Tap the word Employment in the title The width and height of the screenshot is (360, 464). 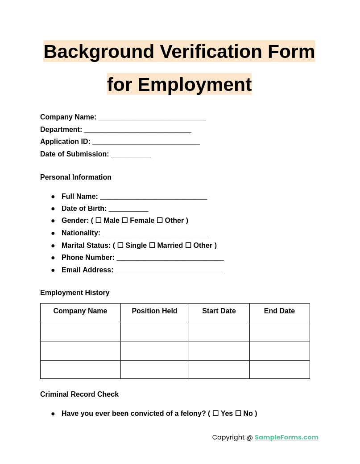click(194, 85)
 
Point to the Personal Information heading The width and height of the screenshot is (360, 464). click(76, 177)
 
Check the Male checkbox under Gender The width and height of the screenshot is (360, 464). click(99, 220)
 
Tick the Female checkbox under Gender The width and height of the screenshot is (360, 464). click(125, 220)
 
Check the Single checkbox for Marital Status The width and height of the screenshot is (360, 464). click(120, 245)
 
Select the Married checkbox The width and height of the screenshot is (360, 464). click(152, 245)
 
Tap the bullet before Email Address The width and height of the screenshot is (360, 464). click(53, 270)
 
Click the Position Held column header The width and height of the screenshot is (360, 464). click(154, 311)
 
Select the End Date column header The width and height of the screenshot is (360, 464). click(279, 311)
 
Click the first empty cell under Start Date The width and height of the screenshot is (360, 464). click(219, 332)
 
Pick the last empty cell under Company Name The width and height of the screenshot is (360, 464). click(80, 370)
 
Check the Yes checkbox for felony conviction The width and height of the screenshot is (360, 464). click(215, 413)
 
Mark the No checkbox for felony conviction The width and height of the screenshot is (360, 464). click(238, 413)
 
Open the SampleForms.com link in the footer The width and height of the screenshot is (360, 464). click(286, 437)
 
